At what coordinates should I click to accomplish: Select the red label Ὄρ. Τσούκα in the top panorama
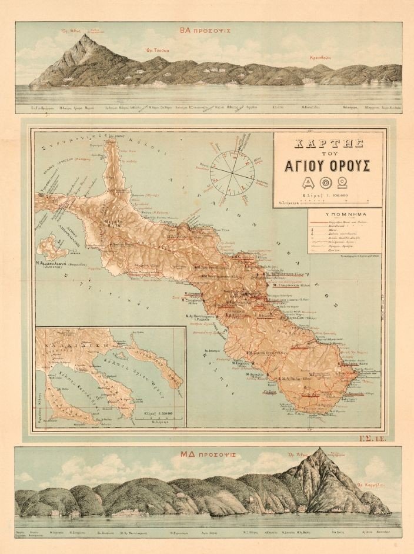158,51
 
